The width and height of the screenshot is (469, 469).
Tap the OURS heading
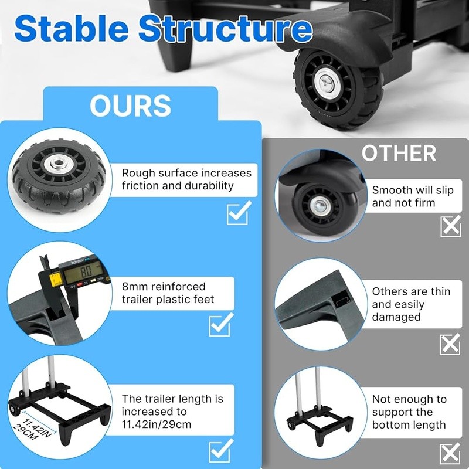pyautogui.click(x=130, y=106)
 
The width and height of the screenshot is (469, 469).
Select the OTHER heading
pyautogui.click(x=399, y=153)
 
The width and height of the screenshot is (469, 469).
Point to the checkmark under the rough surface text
pyautogui.click(x=239, y=213)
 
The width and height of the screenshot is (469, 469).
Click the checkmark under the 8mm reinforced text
pyautogui.click(x=221, y=325)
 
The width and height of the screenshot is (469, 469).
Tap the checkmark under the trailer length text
pyautogui.click(x=221, y=450)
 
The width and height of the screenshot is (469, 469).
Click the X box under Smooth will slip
pyautogui.click(x=451, y=226)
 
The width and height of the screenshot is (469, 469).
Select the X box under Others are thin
pyautogui.click(x=450, y=344)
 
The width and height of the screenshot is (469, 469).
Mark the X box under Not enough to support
pyautogui.click(x=450, y=453)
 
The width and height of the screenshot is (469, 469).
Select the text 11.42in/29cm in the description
pyautogui.click(x=157, y=424)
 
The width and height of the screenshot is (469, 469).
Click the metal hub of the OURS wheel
pyautogui.click(x=57, y=164)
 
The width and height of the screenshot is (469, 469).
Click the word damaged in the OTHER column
pyautogui.click(x=396, y=317)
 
